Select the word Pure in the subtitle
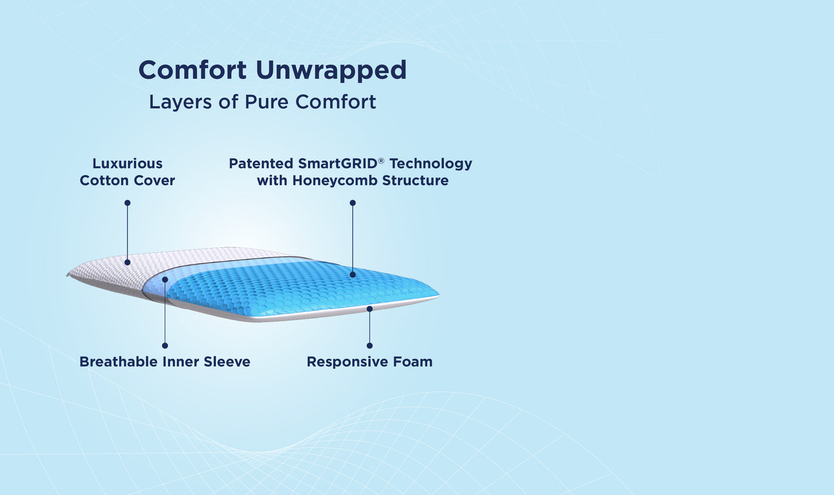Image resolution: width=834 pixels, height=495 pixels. coord(267,102)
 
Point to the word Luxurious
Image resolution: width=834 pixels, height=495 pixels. coord(127,163)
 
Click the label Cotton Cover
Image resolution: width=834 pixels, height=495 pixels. coord(127,180)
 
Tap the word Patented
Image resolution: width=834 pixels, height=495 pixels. coord(262,163)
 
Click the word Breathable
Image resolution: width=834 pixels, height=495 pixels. coord(116,362)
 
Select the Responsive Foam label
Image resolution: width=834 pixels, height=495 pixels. coord(369,362)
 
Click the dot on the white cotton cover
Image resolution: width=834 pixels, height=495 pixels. coord(127,262)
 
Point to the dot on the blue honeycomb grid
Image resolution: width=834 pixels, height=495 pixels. coord(353,275)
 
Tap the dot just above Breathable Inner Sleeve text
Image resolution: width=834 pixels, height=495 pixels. coord(165,345)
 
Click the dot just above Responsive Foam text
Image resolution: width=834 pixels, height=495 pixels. coord(369,345)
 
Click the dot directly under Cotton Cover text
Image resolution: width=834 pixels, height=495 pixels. coord(127,203)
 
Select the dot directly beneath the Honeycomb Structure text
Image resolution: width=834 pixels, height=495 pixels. coord(353,203)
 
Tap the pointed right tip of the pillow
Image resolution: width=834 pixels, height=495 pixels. coord(438,294)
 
